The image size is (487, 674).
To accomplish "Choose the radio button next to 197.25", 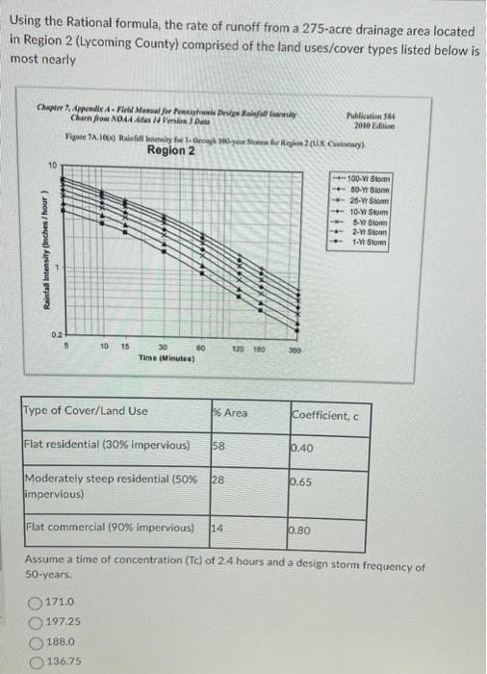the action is [x=36, y=620].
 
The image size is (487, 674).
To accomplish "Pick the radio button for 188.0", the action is [x=36, y=640].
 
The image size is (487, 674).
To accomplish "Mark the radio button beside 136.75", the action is [x=36, y=661].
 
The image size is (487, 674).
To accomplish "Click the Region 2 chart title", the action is [x=171, y=150].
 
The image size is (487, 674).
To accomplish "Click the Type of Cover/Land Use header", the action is [x=85, y=411].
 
